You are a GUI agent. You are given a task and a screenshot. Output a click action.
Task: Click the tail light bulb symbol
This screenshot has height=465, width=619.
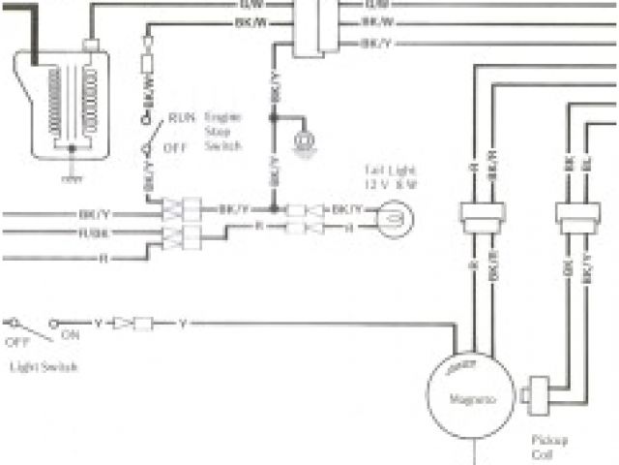click(393, 218)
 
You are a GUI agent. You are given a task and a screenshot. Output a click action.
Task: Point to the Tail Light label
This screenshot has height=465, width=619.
click(383, 168)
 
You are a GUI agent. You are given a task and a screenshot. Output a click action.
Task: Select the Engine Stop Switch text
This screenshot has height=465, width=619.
click(223, 131)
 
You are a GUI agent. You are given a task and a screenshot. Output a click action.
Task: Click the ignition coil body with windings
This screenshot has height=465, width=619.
click(63, 102)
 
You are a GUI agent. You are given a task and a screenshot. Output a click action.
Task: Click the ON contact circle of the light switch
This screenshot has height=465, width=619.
click(56, 323)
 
